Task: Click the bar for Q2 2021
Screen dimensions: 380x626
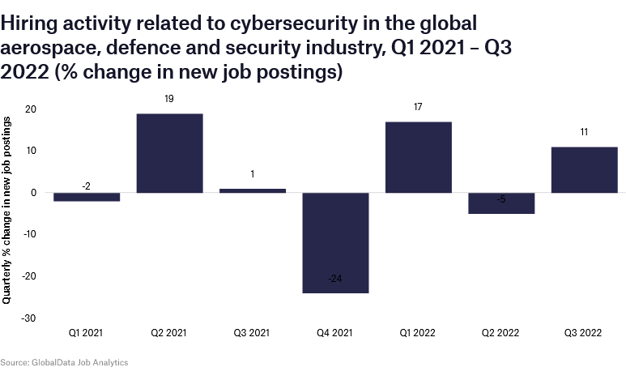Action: [169, 153]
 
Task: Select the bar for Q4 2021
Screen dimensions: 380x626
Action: [335, 242]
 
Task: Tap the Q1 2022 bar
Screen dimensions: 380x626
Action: [418, 157]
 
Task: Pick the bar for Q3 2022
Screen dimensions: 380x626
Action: [584, 169]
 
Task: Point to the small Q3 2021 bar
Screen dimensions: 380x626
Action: [252, 190]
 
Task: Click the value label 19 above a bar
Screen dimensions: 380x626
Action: [169, 99]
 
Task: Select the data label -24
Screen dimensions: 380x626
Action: [335, 279]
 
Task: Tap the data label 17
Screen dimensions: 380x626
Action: [418, 107]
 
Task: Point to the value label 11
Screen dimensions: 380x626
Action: [584, 132]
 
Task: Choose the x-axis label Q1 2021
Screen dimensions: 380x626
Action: [87, 332]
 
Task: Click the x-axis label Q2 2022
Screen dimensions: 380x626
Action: [501, 332]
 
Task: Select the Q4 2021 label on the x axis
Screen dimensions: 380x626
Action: [335, 332]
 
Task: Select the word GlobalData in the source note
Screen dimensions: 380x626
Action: [53, 362]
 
